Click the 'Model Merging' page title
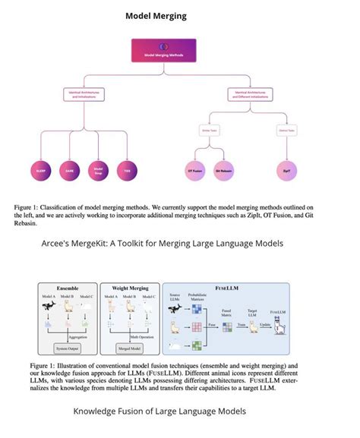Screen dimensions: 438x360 coord(156,15)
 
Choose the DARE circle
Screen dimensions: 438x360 coord(69,170)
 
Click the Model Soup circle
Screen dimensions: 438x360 coord(98,170)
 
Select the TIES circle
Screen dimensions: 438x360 coord(128,170)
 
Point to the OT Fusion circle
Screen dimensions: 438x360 coord(195,170)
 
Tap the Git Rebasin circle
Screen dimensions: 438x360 coord(224,170)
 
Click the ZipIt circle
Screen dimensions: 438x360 coord(286,170)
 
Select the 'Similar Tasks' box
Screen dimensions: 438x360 coord(210,131)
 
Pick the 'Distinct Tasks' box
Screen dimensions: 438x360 coord(286,131)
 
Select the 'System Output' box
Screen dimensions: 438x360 coord(67,348)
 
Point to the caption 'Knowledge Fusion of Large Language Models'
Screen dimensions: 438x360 coord(159,411)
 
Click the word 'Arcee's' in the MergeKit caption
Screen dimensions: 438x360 coord(57,244)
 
